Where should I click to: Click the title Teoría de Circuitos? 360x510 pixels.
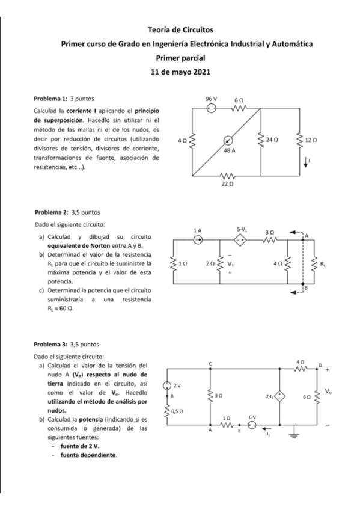point(180,29)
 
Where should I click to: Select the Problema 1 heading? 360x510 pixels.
point(51,97)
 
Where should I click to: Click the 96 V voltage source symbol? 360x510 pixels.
point(211,109)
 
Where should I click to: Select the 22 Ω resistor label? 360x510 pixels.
point(227,185)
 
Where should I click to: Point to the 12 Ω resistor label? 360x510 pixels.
point(311,140)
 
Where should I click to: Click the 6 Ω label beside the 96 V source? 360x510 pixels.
point(239,99)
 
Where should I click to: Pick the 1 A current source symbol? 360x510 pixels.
point(197,239)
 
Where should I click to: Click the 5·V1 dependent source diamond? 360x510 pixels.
point(240,239)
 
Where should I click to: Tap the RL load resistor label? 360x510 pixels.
point(323,263)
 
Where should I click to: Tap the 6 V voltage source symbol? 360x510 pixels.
point(252,425)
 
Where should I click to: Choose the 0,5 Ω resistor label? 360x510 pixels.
point(177,411)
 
